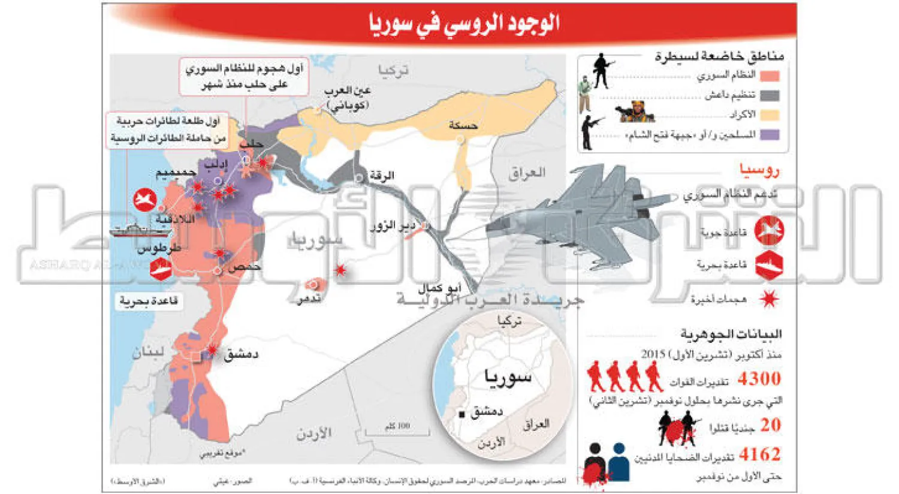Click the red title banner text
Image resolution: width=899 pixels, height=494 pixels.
point(464,23)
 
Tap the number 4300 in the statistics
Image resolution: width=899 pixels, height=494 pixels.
point(759,379)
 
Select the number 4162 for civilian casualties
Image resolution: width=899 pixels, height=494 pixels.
point(759,454)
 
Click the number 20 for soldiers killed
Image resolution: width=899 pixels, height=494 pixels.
point(770,424)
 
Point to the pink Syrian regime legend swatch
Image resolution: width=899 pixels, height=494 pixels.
point(770,76)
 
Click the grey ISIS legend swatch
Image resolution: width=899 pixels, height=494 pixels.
point(770,95)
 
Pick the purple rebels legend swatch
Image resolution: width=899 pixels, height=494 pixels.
point(770,134)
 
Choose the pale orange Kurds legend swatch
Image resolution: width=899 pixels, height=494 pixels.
point(770,115)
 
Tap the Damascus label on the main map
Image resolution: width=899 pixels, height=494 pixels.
point(241,354)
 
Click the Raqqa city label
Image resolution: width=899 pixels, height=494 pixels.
point(381,176)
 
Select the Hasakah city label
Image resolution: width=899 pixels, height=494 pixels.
point(463,125)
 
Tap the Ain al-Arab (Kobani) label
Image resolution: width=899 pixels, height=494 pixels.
point(348,98)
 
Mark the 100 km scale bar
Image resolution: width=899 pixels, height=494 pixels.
point(397,430)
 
